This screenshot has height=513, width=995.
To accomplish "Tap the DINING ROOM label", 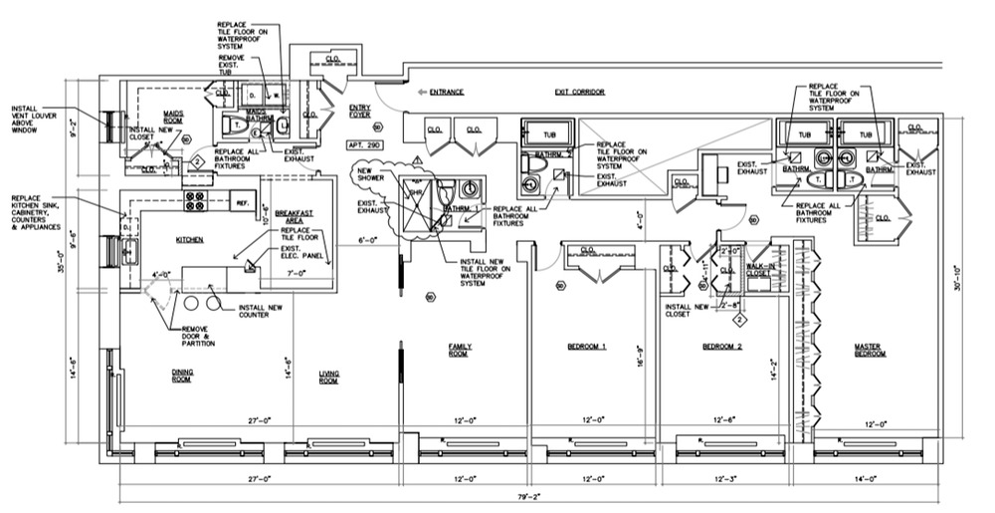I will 180,376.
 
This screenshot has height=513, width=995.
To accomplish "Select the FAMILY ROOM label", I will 459,350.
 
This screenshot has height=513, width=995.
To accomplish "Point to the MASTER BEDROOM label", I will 869,350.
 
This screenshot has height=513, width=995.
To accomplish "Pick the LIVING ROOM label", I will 329,377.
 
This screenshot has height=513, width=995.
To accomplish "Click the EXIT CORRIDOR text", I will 580,92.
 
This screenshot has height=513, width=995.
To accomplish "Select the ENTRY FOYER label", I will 360,111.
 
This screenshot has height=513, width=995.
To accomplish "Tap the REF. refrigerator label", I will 242,202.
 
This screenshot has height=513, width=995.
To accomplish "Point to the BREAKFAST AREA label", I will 288,217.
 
